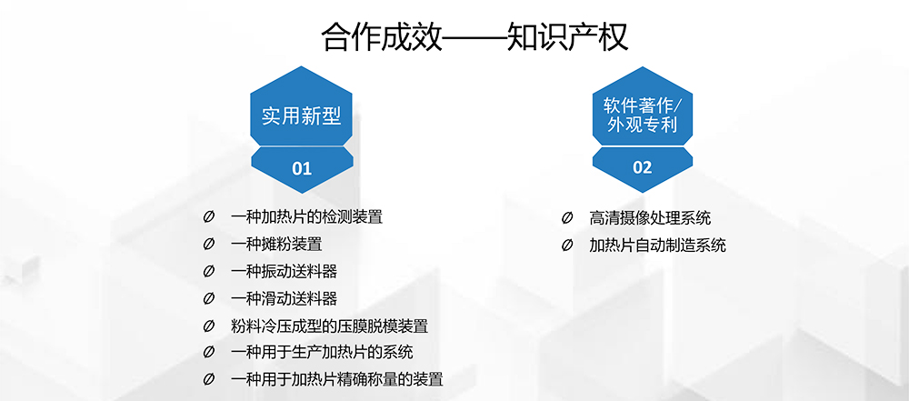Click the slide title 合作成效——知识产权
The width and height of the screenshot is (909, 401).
coord(474,37)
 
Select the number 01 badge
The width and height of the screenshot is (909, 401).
coord(302,169)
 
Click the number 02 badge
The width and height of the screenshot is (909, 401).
coord(643,168)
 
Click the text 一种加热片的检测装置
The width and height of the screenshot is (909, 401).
coord(306,217)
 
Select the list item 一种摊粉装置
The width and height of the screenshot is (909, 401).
coord(276,245)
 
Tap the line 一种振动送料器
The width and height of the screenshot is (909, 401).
coord(284,272)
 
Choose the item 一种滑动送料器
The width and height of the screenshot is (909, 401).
coord(284,299)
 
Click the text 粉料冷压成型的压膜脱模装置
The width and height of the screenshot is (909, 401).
coord(329,326)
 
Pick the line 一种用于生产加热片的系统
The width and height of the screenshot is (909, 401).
coord(322,353)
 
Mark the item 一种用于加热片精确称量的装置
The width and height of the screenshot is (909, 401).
coord(337,380)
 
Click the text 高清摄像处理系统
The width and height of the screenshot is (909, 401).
coord(650,218)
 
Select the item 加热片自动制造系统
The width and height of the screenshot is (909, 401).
coord(657,246)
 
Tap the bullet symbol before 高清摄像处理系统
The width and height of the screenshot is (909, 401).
coord(567,218)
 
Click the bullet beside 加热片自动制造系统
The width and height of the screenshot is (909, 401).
coord(567,246)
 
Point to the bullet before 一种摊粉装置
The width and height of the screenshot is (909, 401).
coord(209,245)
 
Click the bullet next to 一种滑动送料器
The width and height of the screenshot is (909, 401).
coord(209,299)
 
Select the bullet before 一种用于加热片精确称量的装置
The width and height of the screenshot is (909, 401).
coord(209,380)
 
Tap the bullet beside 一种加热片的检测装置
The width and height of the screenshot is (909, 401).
coord(209,217)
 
